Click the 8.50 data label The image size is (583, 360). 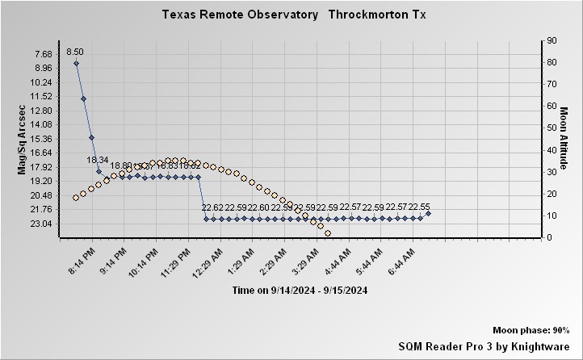tap(75, 52)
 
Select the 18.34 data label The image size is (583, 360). tap(98, 160)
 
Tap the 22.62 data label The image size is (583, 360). tap(212, 207)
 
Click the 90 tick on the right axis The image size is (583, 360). tap(552, 40)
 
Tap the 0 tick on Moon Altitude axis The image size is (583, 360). tap(550, 237)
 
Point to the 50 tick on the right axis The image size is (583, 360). tap(552, 128)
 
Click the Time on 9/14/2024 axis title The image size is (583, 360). tap(300, 290)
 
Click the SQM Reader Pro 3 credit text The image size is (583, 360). tap(484, 345)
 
